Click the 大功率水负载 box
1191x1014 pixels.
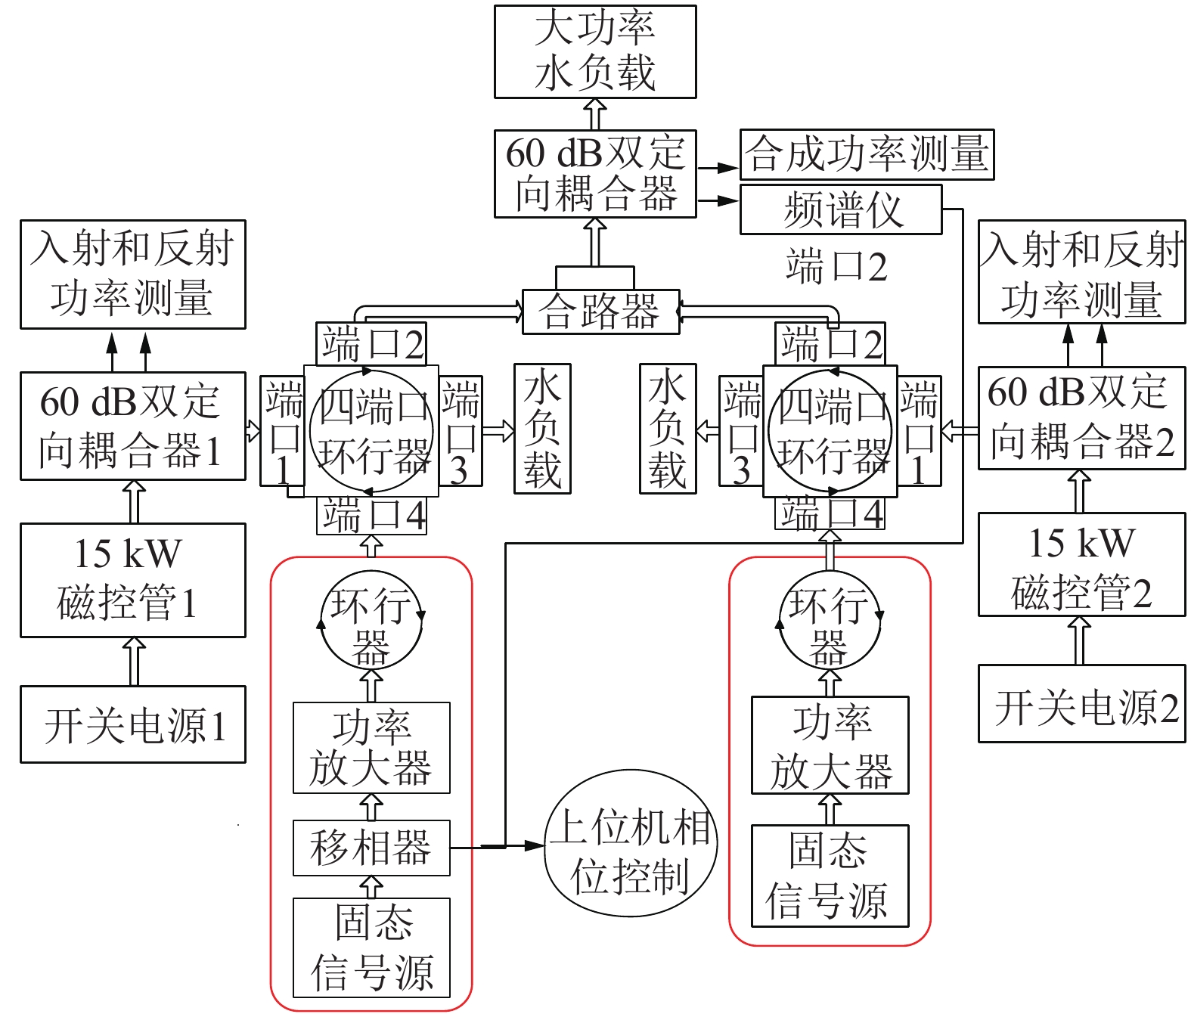point(594,51)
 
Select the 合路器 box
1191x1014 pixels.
point(600,312)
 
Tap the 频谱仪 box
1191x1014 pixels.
point(840,209)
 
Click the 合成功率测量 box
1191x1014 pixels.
point(866,154)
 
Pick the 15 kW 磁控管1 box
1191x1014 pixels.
point(132,580)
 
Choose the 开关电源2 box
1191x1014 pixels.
point(1081,703)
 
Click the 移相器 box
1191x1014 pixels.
point(371,848)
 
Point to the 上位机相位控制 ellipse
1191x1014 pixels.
point(630,843)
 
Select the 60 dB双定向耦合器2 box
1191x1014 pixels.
point(1081,418)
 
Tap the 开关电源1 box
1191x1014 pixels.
point(132,724)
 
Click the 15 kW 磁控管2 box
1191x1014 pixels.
point(1081,564)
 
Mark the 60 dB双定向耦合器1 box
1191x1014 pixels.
point(132,426)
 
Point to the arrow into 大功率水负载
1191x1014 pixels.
point(596,114)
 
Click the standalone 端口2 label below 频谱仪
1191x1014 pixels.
point(836,266)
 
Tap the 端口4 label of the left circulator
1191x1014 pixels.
point(371,515)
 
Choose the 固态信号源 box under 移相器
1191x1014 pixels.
point(371,947)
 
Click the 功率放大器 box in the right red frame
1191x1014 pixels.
point(830,746)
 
